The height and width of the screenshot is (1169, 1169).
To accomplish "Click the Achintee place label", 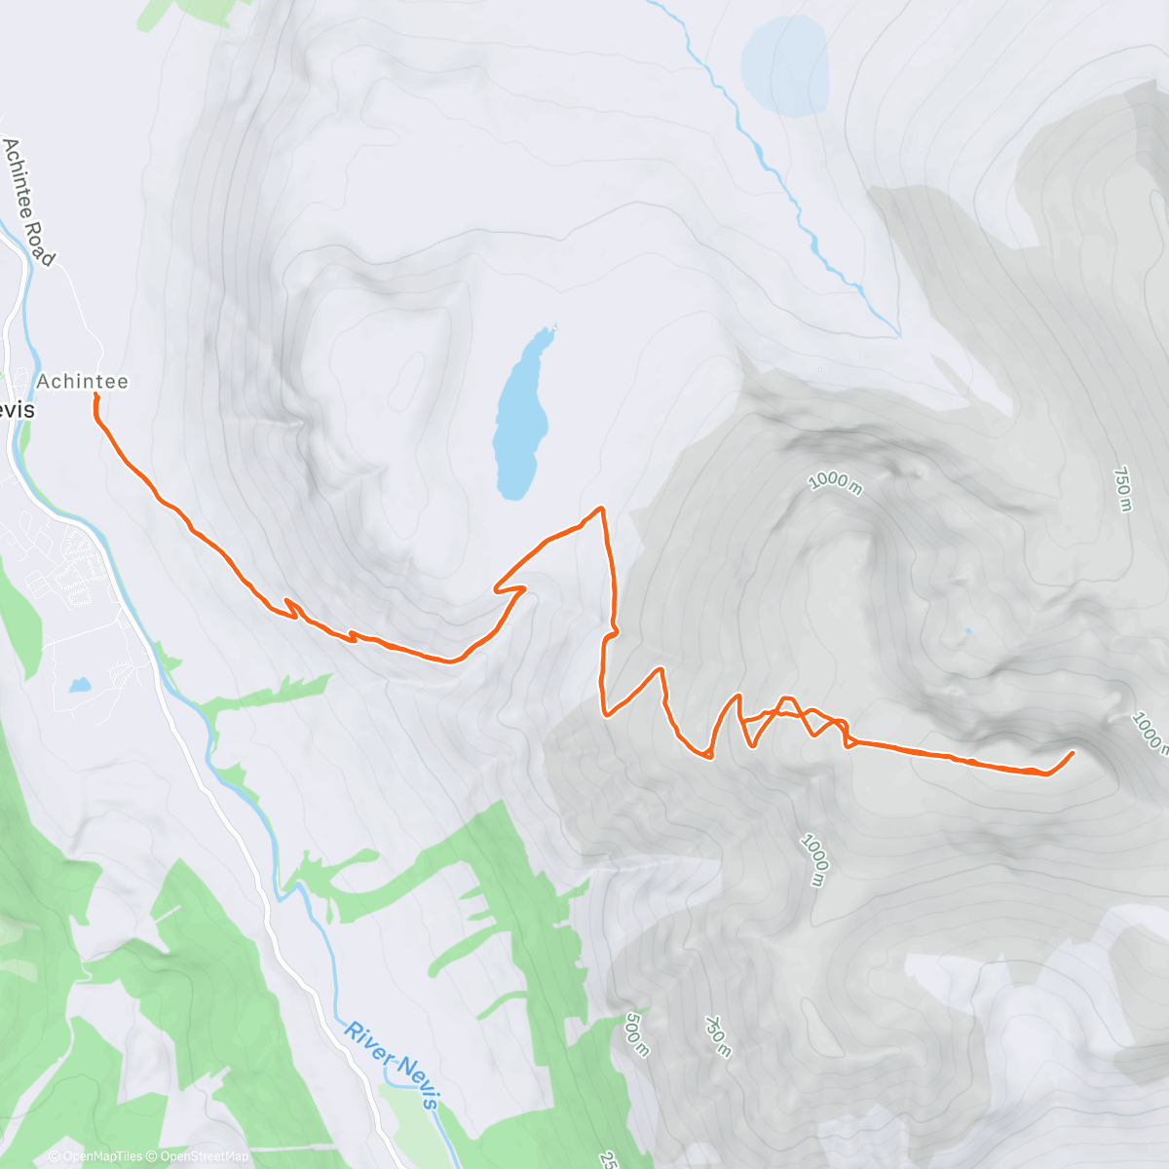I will (83, 381).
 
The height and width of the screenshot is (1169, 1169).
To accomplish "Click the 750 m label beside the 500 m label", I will (718, 1037).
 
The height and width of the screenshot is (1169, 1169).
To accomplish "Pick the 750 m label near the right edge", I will (1122, 490).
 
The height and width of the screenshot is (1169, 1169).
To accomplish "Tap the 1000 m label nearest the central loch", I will (835, 481).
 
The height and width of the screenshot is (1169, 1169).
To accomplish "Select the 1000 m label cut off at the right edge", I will (1150, 731).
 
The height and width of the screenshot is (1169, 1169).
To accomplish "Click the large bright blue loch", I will (521, 419).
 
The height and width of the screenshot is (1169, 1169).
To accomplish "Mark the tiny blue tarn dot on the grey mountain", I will (967, 631).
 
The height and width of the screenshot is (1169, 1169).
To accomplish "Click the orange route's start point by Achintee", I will (95, 396).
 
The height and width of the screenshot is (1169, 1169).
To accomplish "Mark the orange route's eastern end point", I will (1073, 752).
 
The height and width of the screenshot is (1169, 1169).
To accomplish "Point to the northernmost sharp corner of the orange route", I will (601, 508).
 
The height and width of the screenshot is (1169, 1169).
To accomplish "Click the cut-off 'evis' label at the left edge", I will (17, 410).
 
